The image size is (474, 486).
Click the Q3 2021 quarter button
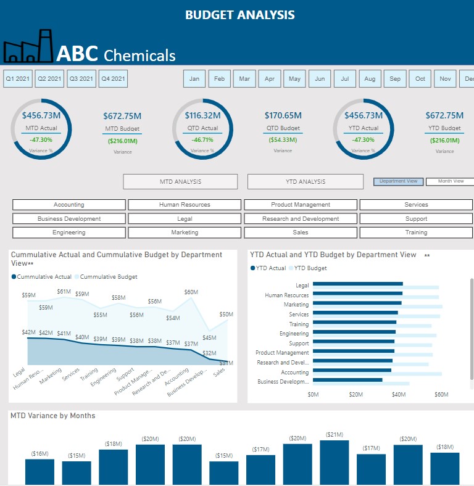81,78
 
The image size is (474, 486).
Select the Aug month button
370,78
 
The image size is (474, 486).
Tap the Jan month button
194,78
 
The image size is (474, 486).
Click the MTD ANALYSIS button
180,181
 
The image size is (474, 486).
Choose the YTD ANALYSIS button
306,181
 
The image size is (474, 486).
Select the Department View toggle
399,181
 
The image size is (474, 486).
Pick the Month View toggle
451,181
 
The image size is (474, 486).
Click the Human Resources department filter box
185,205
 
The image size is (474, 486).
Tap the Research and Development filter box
301,218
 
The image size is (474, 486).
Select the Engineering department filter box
69,233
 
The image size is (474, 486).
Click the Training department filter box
416,233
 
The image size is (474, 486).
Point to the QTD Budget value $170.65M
283,115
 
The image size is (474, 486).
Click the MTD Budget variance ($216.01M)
122,141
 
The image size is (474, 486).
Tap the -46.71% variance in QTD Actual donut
202,140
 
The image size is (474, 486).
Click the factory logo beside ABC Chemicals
28,46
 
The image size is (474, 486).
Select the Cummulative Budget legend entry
109,277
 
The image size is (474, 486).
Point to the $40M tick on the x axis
398,394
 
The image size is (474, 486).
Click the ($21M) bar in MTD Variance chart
334,463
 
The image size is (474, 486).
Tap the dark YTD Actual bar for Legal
357,284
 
